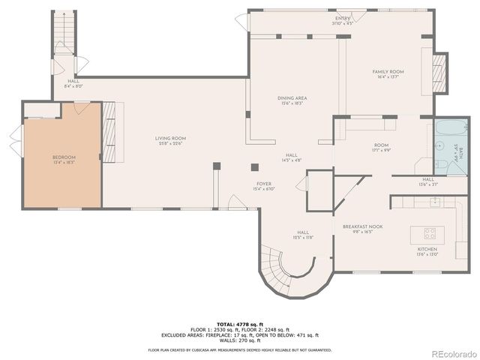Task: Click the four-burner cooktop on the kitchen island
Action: tap(431, 232)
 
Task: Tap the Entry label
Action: tap(342, 18)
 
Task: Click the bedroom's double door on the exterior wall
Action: tap(14, 139)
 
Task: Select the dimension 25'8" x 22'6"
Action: tap(170, 144)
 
